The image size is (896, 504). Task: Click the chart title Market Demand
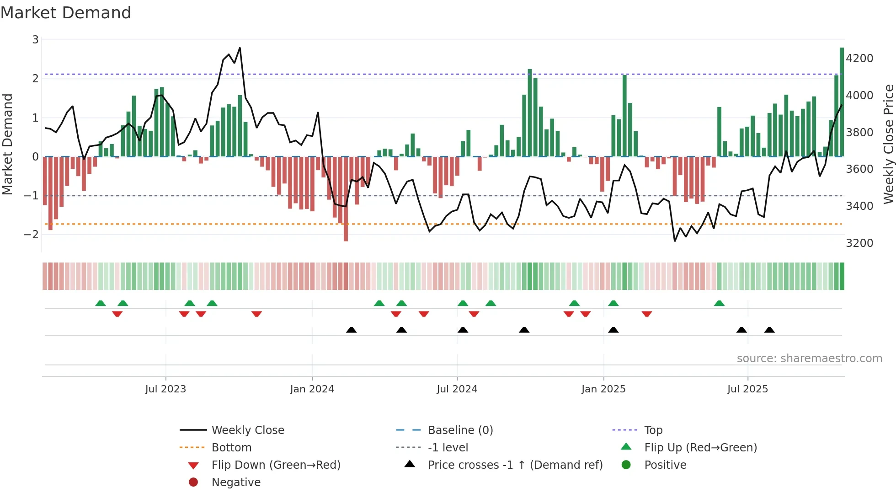tap(66, 13)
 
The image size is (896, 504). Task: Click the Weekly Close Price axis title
tap(888, 144)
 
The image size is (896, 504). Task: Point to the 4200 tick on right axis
tap(859, 59)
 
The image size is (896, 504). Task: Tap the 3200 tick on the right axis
tap(859, 243)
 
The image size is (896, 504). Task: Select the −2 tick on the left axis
tap(31, 235)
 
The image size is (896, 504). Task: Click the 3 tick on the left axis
tap(35, 40)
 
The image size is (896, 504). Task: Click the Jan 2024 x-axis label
tap(312, 389)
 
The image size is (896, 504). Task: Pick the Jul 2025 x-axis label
tap(747, 389)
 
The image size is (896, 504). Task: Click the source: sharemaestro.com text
tap(809, 359)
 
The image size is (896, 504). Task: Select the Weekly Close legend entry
tap(247, 430)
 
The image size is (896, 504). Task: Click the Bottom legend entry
tap(231, 448)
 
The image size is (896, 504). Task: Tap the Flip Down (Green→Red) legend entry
tap(276, 465)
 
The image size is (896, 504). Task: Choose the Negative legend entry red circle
tap(193, 483)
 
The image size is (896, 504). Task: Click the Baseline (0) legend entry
tap(460, 430)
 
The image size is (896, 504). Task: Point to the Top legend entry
tap(653, 430)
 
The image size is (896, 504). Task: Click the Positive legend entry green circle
tap(626, 465)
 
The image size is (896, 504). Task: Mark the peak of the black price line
tap(240, 48)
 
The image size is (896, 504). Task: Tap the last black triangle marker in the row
tap(769, 330)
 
